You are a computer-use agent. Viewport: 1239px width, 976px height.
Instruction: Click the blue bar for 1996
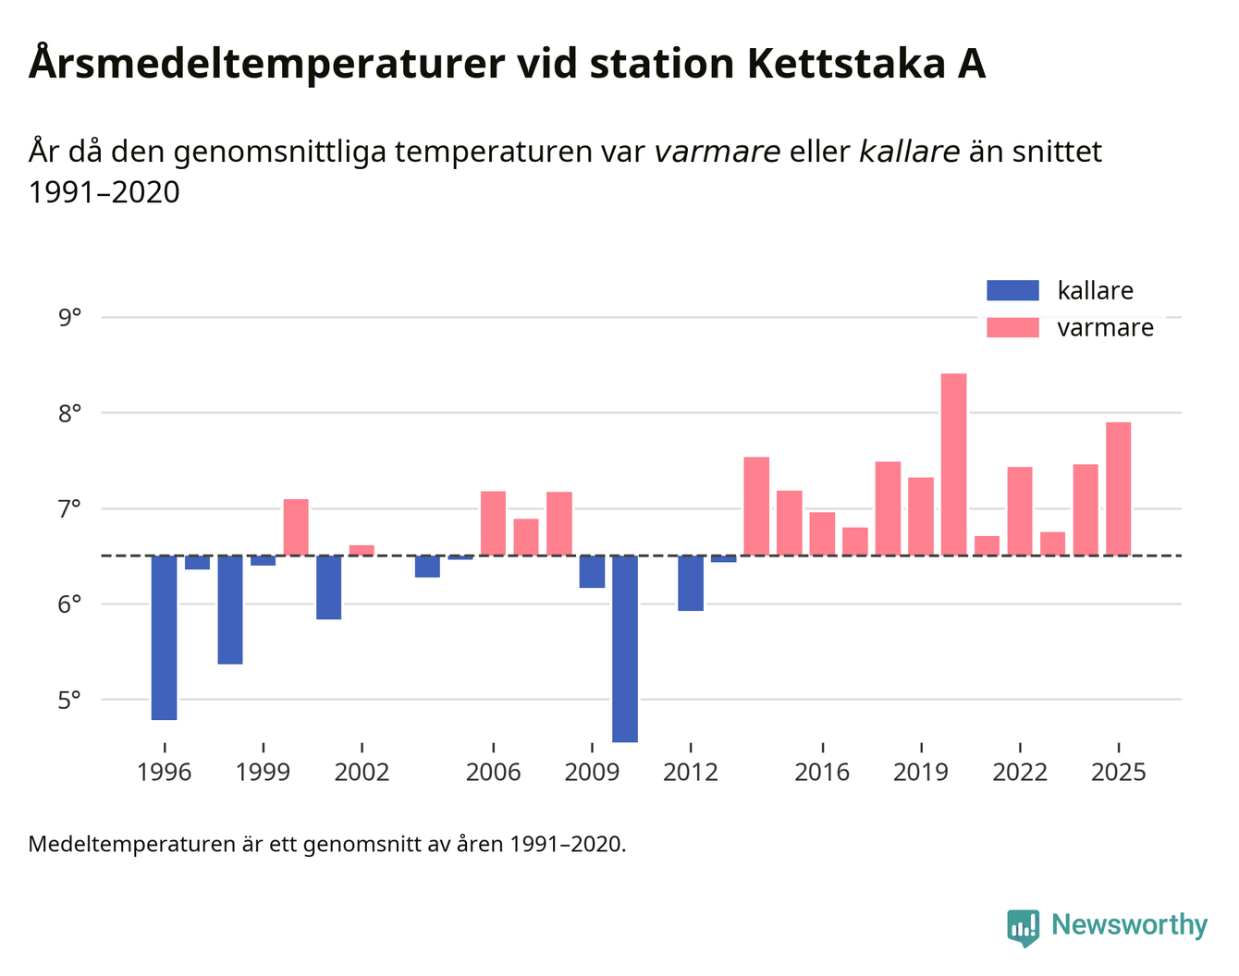click(164, 637)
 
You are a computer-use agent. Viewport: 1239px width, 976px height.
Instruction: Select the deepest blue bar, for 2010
click(625, 648)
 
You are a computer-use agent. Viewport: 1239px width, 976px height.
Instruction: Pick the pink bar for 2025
click(1118, 488)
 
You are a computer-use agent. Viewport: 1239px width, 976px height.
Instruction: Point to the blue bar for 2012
click(691, 582)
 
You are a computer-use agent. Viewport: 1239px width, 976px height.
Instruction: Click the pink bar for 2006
click(493, 522)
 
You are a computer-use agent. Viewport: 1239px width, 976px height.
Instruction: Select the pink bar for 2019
click(921, 516)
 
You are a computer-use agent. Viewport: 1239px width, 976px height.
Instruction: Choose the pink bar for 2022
click(1020, 510)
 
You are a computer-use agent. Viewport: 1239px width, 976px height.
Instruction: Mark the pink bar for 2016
click(822, 533)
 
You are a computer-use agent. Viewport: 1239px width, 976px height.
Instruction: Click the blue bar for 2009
click(592, 571)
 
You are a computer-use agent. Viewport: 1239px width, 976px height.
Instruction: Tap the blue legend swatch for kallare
click(1012, 290)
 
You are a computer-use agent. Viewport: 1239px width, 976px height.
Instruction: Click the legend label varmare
click(1105, 328)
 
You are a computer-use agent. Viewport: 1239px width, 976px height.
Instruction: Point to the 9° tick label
click(69, 318)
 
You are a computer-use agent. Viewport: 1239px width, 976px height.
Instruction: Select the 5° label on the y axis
click(69, 700)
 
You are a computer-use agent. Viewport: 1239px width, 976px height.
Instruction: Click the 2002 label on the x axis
click(362, 772)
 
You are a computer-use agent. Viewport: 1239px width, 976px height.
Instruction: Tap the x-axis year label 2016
click(822, 772)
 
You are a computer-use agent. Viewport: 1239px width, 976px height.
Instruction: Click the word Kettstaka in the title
click(843, 65)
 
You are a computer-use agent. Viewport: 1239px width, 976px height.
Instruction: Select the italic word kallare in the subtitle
click(909, 152)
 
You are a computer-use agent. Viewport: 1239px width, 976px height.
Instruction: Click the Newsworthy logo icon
click(1023, 927)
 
